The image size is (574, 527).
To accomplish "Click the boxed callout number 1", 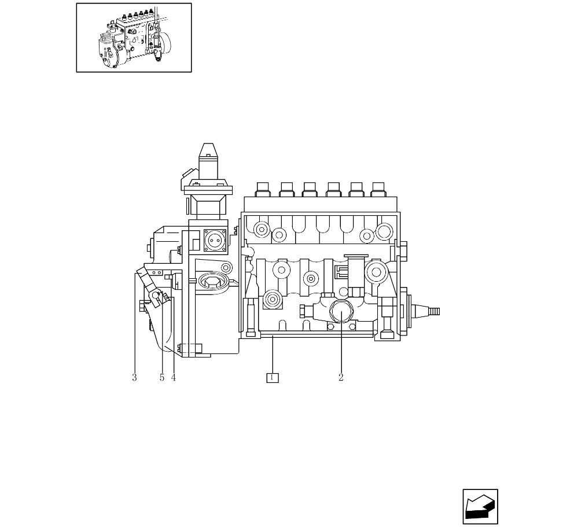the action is coord(273,377).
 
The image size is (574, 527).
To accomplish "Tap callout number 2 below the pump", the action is coord(341,377).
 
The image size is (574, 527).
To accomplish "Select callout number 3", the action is coord(134,377).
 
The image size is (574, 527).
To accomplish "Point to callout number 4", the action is coord(174,377).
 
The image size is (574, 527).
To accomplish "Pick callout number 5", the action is coord(162,377).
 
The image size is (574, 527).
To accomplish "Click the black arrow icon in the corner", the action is coord(480,507).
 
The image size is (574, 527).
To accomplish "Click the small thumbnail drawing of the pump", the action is coord(134,38).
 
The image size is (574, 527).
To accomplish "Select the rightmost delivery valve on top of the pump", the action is coord(378,190).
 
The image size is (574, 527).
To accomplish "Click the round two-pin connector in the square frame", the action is coord(215,241).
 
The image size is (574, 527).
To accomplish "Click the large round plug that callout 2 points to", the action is coord(341,311).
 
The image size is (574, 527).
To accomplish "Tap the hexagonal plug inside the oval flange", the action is coord(212,282).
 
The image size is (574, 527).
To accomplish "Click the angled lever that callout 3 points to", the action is coord(149,287).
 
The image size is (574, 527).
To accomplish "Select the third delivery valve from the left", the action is coord(310,190).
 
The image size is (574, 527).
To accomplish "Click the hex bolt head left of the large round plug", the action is coord(303,311).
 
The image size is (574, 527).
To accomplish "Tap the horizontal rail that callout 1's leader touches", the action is coord(317,334).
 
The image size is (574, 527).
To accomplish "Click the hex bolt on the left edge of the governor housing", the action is coord(149,248).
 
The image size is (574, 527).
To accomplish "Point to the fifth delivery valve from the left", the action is coord(356,190).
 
